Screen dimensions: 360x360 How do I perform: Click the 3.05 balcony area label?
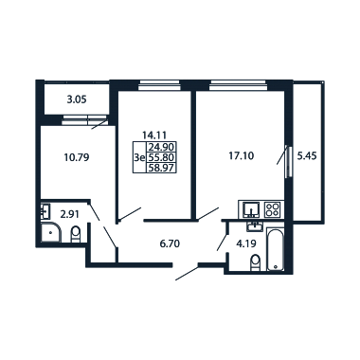(x=77, y=99)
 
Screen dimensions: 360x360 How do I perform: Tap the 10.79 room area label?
(x=77, y=157)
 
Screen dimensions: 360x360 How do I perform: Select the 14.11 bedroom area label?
(x=154, y=135)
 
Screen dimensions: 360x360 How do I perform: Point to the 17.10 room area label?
(x=242, y=156)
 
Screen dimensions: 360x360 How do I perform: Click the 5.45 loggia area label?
(x=307, y=156)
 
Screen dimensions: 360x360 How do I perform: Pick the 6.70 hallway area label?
(x=170, y=243)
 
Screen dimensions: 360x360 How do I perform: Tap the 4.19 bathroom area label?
(x=245, y=243)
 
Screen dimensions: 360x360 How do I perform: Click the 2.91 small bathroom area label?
(x=70, y=215)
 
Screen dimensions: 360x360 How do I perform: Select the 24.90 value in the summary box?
(x=161, y=147)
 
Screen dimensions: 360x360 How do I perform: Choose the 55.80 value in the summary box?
(x=161, y=157)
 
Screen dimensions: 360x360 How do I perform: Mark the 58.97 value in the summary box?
(x=161, y=168)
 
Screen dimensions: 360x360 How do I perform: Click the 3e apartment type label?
(x=139, y=157)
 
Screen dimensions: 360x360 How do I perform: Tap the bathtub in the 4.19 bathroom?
(x=276, y=249)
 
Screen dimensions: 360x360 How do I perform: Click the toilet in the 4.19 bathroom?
(x=255, y=263)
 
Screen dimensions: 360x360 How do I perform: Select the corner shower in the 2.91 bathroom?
(x=50, y=232)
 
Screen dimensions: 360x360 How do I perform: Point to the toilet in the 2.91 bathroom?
(x=76, y=234)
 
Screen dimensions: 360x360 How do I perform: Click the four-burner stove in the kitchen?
(x=272, y=209)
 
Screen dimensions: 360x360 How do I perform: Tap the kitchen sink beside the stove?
(x=251, y=209)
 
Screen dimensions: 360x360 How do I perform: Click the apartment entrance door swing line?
(x=187, y=273)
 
